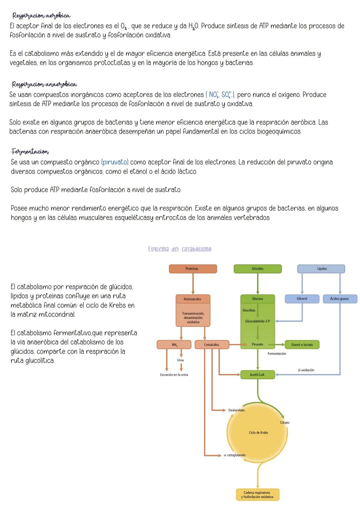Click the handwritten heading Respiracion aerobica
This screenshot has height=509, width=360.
[41, 16]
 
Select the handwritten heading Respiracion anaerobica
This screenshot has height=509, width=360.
[44, 84]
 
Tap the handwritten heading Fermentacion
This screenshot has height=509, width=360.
[30, 152]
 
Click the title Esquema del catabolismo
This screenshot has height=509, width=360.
[180, 249]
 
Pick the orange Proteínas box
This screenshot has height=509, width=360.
[193, 269]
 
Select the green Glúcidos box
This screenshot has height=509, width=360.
[257, 269]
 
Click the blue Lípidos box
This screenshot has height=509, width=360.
[321, 269]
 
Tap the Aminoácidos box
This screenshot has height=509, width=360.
[193, 299]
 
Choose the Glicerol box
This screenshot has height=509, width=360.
[302, 299]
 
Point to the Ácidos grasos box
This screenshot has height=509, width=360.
[340, 299]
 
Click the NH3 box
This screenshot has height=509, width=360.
[174, 345]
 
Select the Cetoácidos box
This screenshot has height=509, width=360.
[212, 345]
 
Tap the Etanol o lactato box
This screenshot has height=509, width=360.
[302, 345]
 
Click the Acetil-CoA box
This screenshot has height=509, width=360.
[257, 375]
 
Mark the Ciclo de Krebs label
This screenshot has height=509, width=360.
[258, 433]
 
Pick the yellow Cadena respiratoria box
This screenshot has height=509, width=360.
[257, 495]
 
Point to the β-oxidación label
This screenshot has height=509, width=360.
[306, 370]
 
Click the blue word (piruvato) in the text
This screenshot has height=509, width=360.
[115, 162]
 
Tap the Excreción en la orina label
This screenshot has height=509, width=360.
[174, 375]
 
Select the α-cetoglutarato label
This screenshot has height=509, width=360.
[235, 455]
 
